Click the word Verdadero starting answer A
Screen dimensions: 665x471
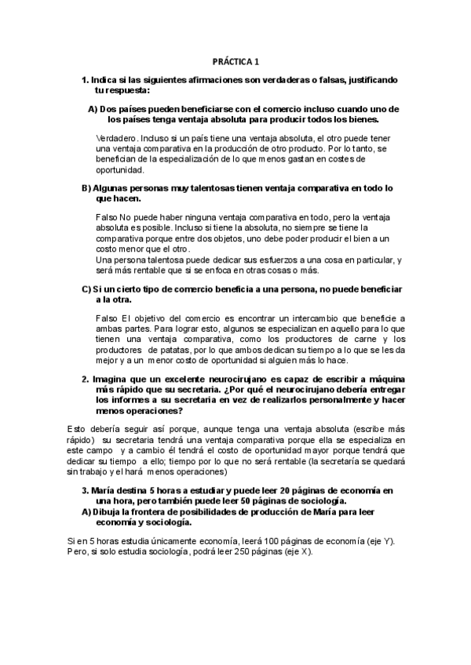coord(116,137)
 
